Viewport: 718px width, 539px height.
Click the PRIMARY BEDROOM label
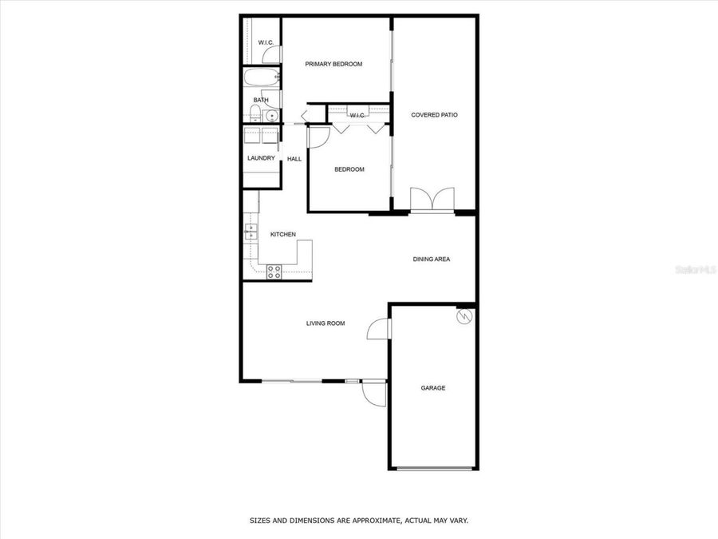tap(334, 64)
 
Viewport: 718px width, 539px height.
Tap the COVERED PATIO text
tap(434, 115)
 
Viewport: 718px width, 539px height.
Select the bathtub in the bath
tap(261, 78)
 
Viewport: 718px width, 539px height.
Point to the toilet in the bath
tap(255, 113)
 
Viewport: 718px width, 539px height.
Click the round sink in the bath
tap(272, 116)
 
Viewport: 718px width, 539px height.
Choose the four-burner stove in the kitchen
tap(274, 271)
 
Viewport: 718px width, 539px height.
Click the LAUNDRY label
tap(261, 158)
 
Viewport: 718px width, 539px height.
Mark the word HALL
tap(294, 159)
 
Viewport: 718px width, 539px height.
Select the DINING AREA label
tap(432, 259)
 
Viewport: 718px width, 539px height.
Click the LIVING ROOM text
tap(325, 323)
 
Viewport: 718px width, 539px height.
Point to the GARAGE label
tap(433, 388)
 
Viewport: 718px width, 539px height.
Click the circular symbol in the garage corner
tap(464, 317)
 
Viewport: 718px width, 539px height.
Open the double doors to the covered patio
tap(432, 200)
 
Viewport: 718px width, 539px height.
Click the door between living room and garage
tap(378, 328)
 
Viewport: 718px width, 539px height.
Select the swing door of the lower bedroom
tap(317, 137)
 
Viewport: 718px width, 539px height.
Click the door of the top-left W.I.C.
tap(272, 54)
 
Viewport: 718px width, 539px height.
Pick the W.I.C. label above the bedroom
tap(357, 116)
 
